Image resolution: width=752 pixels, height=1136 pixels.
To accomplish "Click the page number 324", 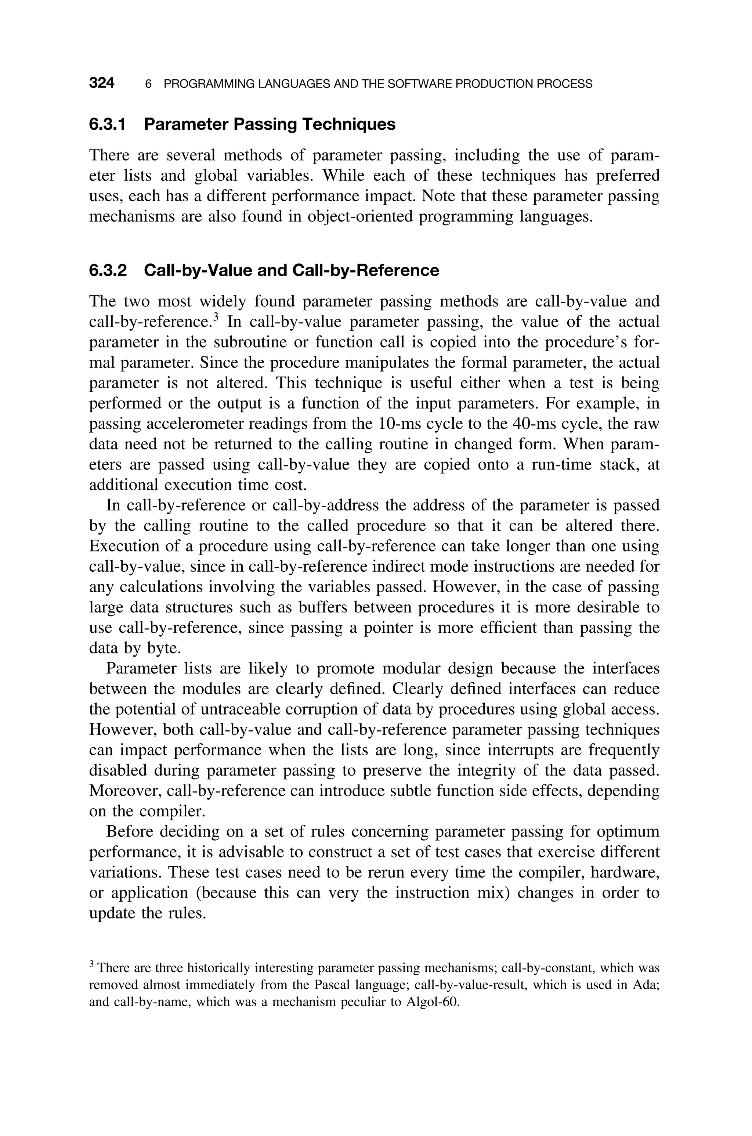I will [x=102, y=83].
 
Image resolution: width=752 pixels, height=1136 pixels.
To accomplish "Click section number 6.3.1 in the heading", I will [x=108, y=124].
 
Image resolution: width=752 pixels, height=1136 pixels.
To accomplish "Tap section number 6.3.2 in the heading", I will [x=108, y=270].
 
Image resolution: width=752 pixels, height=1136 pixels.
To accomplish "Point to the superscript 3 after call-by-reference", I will [x=216, y=317].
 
